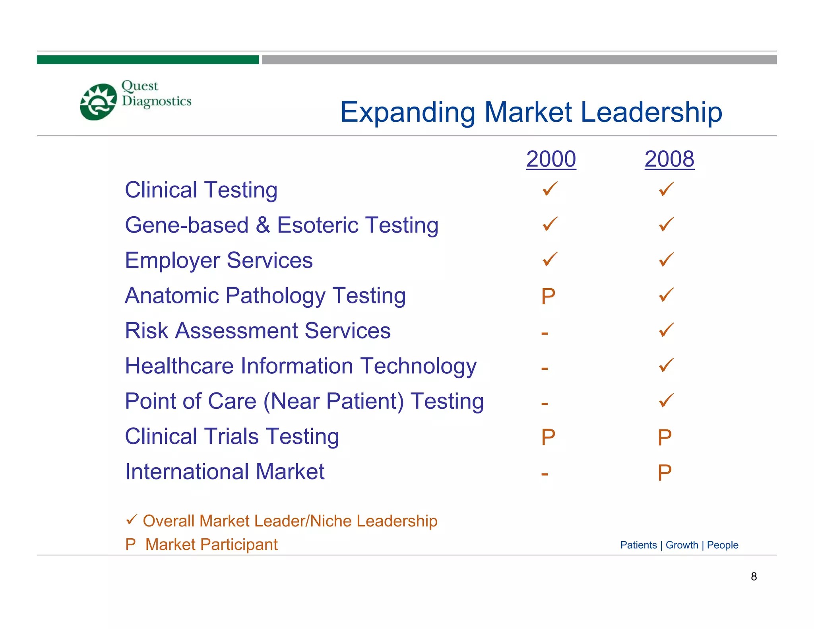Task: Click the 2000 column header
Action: pyautogui.click(x=551, y=159)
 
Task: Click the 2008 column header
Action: pyautogui.click(x=669, y=159)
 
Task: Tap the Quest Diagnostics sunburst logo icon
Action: pyautogui.click(x=98, y=102)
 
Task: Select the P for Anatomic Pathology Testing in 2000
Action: pyautogui.click(x=548, y=296)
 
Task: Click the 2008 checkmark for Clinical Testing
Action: pyautogui.click(x=666, y=189)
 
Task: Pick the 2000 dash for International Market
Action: pyautogui.click(x=545, y=474)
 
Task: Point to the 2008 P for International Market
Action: pyautogui.click(x=665, y=473)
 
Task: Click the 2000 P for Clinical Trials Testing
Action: pyautogui.click(x=548, y=437)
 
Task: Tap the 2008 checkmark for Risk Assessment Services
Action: pyautogui.click(x=666, y=330)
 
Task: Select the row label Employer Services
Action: pyautogui.click(x=219, y=260)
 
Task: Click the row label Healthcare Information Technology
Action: pyautogui.click(x=300, y=366)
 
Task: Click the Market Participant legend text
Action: pyautogui.click(x=211, y=544)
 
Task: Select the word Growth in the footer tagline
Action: pyautogui.click(x=682, y=545)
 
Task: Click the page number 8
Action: pyautogui.click(x=754, y=577)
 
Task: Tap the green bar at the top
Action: pyautogui.click(x=147, y=60)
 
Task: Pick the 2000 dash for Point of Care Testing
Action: pyautogui.click(x=545, y=404)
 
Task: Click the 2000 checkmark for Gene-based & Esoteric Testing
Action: pyautogui.click(x=550, y=224)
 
